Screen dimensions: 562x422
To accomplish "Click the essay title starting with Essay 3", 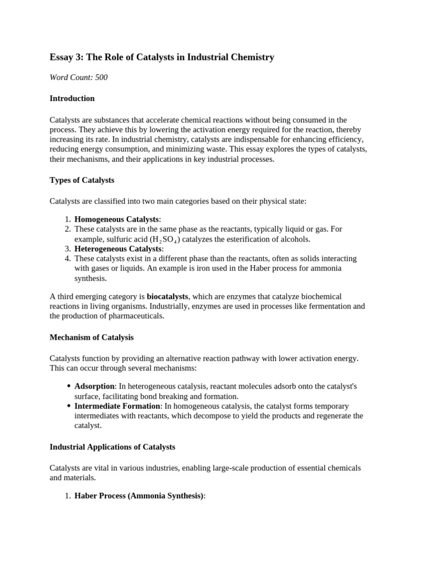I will tap(162, 57).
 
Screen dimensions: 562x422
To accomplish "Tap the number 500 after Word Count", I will tap(101, 77).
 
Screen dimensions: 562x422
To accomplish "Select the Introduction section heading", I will tap(72, 98).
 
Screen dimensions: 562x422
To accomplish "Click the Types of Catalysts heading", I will tap(82, 180).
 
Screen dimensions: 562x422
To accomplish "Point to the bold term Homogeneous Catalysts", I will tap(116, 220).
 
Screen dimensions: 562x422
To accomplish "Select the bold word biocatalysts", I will tap(168, 296).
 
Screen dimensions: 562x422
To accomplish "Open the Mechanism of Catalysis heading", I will tap(91, 337).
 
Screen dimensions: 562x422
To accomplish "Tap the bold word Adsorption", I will tap(95, 386).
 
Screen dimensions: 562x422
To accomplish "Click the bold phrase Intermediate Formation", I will tap(117, 406).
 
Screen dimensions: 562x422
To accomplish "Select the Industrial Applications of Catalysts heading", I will tap(112, 447).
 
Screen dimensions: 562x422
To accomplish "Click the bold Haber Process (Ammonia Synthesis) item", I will tap(139, 496).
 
